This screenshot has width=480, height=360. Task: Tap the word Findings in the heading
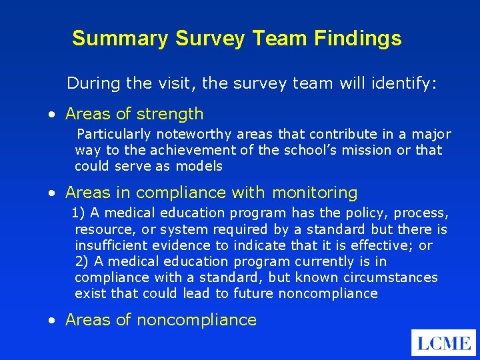tap(364, 39)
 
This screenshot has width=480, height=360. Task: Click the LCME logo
tap(443, 343)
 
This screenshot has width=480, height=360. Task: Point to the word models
tap(201, 166)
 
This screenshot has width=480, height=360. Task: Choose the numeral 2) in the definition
tap(81, 261)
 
